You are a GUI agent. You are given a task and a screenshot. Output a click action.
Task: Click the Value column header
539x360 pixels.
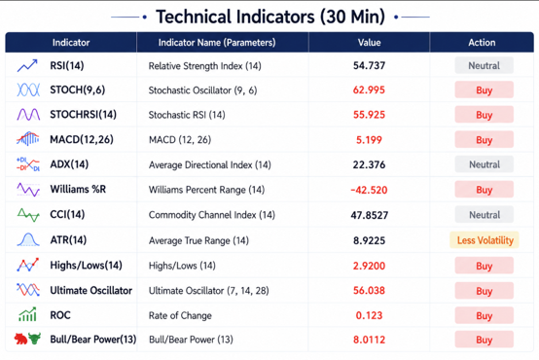tap(369, 42)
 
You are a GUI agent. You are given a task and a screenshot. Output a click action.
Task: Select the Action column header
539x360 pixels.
tap(482, 42)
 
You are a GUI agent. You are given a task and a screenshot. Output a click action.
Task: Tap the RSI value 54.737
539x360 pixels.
tap(369, 65)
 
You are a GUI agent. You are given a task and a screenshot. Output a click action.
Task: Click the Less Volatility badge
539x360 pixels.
tap(485, 240)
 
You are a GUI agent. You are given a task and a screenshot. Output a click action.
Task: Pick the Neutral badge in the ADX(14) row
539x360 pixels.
tap(485, 164)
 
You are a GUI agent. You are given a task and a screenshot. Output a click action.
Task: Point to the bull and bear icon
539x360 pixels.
tap(27, 339)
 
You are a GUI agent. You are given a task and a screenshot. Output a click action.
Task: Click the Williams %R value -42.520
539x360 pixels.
tap(369, 190)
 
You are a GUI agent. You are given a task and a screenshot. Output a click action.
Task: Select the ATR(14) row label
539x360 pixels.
tap(68, 239)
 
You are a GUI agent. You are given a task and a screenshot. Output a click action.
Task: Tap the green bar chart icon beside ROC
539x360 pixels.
tap(27, 314)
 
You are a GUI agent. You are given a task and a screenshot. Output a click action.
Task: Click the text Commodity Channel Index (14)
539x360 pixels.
tap(212, 215)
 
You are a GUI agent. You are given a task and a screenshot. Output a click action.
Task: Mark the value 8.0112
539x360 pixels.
tap(369, 340)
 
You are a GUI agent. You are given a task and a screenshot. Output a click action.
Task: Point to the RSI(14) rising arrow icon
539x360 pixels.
tap(27, 65)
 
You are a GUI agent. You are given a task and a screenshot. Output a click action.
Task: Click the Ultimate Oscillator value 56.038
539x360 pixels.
tap(369, 291)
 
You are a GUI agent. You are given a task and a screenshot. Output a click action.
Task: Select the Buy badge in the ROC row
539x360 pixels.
tap(485, 315)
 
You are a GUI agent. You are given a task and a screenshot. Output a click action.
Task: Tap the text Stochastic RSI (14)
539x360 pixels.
tap(187, 115)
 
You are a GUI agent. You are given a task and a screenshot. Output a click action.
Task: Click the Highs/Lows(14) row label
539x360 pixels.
tap(86, 265)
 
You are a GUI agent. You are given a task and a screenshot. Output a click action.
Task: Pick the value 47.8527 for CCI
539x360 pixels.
tap(369, 215)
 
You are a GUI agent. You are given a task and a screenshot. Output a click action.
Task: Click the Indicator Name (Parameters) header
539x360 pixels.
tap(217, 42)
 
